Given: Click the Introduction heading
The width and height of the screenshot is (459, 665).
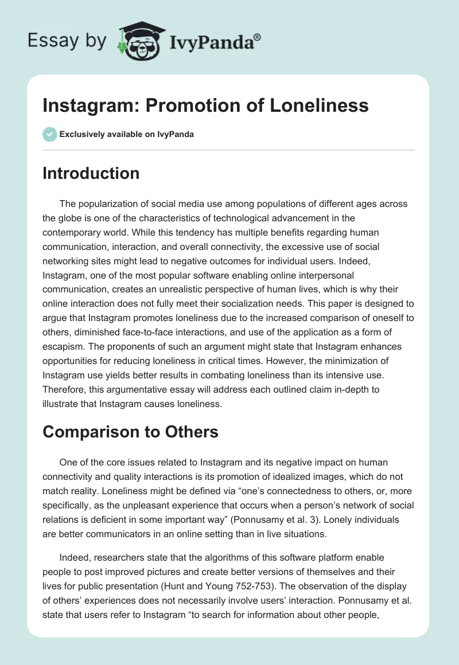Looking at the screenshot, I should tap(91, 173).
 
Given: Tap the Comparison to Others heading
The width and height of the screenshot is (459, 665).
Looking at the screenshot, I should tap(130, 431).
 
